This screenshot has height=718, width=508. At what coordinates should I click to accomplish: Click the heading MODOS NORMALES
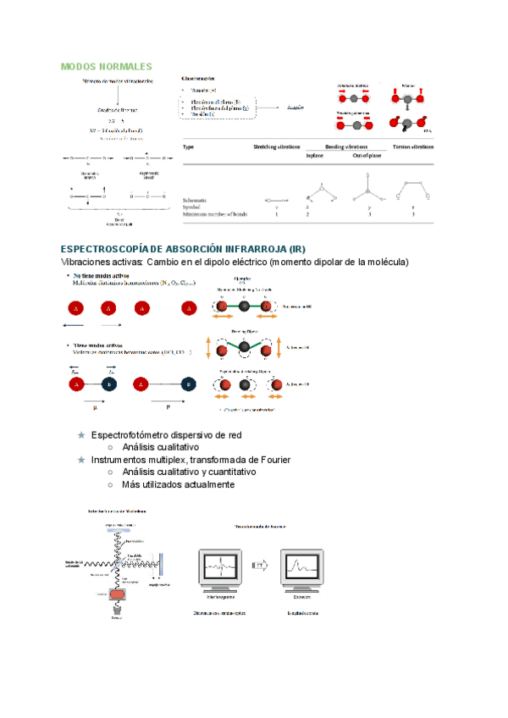click(x=107, y=66)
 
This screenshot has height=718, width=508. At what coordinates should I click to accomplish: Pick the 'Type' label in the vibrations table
click(x=189, y=146)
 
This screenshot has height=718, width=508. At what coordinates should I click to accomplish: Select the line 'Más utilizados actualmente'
click(x=178, y=484)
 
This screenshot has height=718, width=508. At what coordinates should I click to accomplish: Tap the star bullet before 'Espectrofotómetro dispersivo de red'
click(x=81, y=435)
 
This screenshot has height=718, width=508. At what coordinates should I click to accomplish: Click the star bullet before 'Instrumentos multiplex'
click(x=81, y=460)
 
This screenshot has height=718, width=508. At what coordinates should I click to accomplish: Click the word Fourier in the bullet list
click(x=275, y=460)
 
